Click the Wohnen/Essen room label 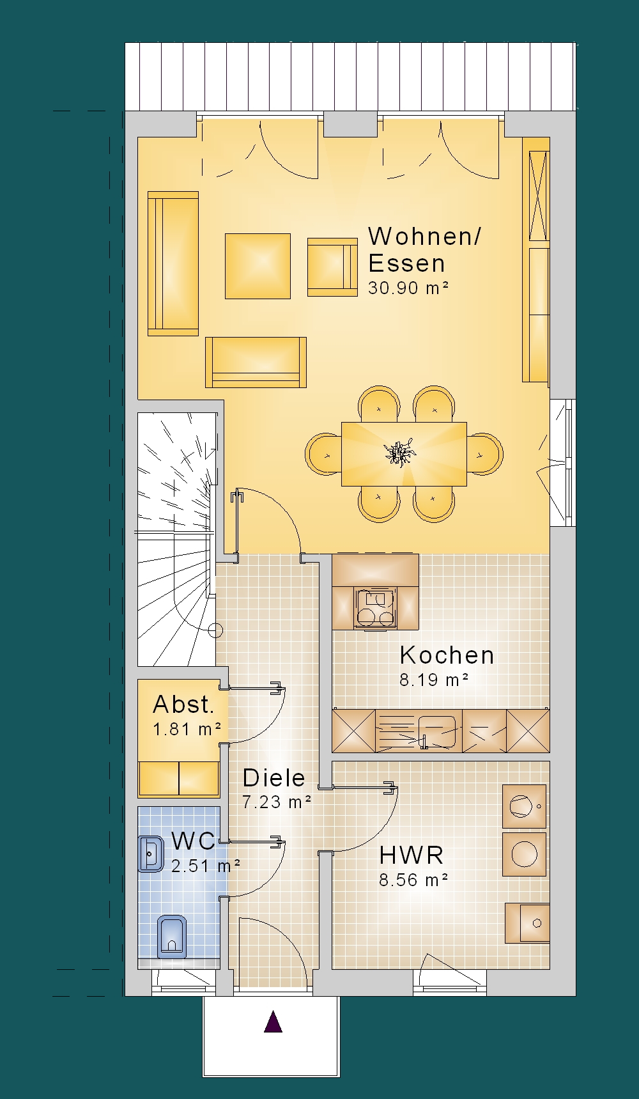coord(424,249)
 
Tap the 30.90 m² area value coord(408,288)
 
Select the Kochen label coord(447,655)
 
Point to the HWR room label coord(411,855)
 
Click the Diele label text coord(273,777)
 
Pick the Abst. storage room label coord(183,705)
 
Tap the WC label coord(194,841)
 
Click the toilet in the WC coord(172,937)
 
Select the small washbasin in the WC coord(151,853)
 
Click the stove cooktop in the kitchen coord(375,609)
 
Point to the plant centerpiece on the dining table coord(401,453)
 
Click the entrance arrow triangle coord(273,1022)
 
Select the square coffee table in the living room coord(258,266)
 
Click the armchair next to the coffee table coord(332,267)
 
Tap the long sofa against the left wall coord(173,263)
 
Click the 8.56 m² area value coord(413,880)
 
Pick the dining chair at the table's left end coord(323,454)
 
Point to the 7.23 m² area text coord(277,802)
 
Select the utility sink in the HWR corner coord(527,923)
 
